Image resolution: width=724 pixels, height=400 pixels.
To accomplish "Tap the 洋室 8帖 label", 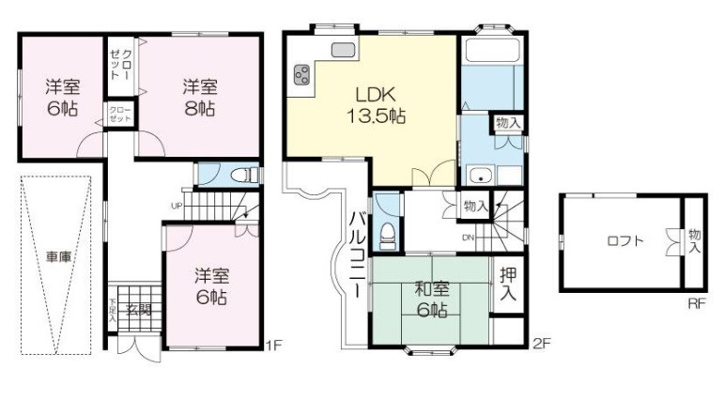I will pos(199,98).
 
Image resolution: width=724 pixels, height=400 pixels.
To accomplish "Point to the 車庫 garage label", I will pos(57,255).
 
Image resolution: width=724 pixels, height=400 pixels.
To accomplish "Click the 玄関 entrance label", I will pos(139,310).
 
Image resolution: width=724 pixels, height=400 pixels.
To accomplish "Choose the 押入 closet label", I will pos(508,285).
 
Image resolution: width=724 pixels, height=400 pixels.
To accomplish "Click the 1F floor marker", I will pos(272,344).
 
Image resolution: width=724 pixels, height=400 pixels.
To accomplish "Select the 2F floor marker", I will pos(540,344).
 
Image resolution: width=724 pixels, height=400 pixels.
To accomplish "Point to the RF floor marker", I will pos(695,303).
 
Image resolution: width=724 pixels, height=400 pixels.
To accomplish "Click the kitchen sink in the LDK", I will pos(341,50).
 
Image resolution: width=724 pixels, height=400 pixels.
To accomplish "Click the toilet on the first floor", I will pos(245,175).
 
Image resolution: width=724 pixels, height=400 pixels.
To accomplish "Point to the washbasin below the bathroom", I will pos(480,175).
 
